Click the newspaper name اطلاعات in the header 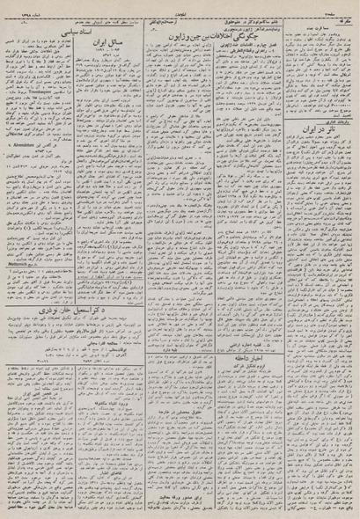180,6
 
